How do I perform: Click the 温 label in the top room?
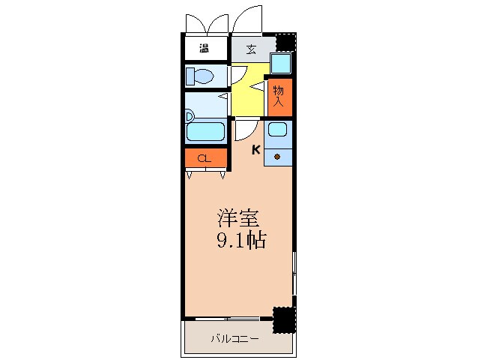[204, 48]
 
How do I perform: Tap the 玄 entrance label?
[251, 49]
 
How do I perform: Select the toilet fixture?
[200, 76]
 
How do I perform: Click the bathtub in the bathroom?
[205, 131]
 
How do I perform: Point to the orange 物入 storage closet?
[280, 97]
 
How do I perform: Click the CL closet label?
[205, 159]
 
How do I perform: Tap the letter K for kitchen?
[256, 149]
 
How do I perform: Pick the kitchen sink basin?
[277, 129]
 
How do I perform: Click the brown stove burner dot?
[277, 157]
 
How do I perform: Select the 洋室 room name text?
[239, 218]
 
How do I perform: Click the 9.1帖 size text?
[241, 240]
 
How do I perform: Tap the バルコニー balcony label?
[235, 339]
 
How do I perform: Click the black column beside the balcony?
[284, 320]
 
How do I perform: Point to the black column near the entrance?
[286, 42]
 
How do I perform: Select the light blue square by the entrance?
[281, 63]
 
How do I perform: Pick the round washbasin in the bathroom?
[190, 116]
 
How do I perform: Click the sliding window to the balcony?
[228, 319]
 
